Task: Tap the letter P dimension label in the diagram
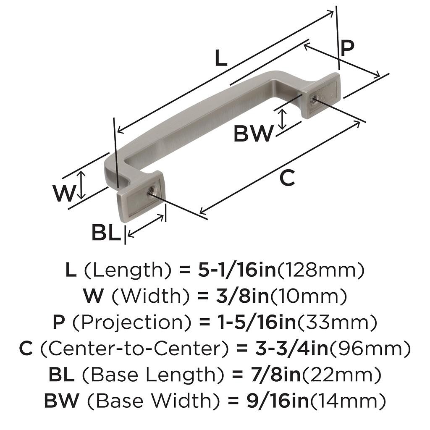pyautogui.click(x=347, y=48)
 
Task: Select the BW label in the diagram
pyautogui.click(x=253, y=134)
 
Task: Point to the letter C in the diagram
pyautogui.click(x=287, y=178)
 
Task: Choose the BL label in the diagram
pyautogui.click(x=106, y=233)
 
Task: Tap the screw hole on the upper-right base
pyautogui.click(x=314, y=100)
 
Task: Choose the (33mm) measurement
pyautogui.click(x=336, y=323)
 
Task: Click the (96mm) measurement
pyautogui.click(x=371, y=349)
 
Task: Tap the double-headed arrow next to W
pyautogui.click(x=82, y=185)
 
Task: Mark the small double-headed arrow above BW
pyautogui.click(x=283, y=119)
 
